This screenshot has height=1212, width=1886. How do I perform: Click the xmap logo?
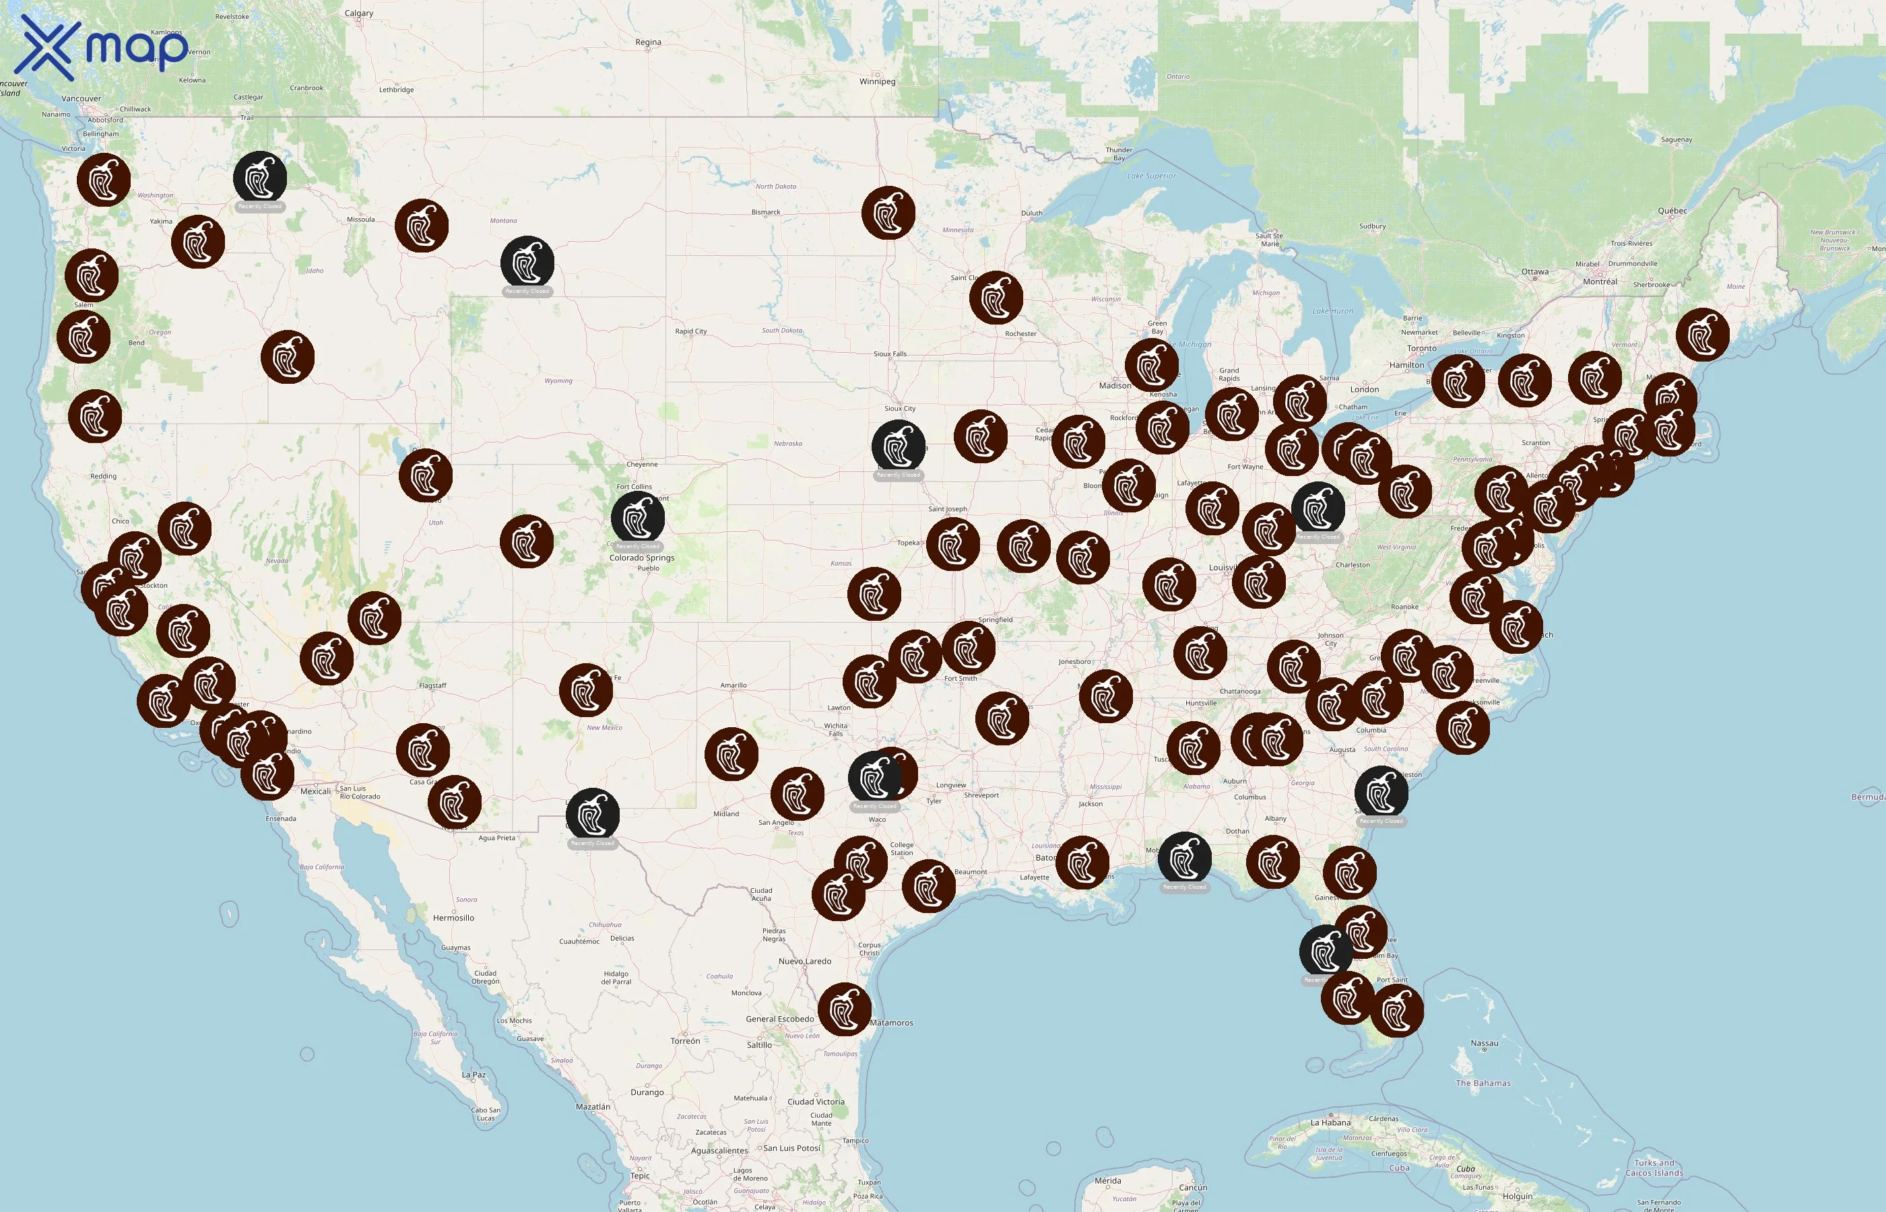tap(102, 47)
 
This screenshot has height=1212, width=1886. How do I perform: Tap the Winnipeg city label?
tap(877, 81)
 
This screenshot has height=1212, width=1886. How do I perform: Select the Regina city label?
tap(648, 42)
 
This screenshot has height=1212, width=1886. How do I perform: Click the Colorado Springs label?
tap(641, 558)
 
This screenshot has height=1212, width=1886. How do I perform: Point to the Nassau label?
tap(1484, 1044)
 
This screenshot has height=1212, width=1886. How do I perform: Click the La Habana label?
tap(1330, 1122)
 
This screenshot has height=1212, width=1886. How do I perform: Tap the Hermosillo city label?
tap(453, 918)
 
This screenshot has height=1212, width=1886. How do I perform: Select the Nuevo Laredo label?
tap(804, 961)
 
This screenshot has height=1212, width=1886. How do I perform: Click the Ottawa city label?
tap(1534, 271)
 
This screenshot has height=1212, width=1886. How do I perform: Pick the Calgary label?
tap(359, 13)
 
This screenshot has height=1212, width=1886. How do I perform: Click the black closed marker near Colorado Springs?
tap(638, 518)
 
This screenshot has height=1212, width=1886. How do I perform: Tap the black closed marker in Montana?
tap(527, 262)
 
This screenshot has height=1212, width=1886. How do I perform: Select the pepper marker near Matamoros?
tap(845, 1009)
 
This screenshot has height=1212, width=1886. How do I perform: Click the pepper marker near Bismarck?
tap(888, 213)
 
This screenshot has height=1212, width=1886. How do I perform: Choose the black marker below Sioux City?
tap(898, 446)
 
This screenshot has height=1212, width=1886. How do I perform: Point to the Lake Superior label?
tap(1151, 176)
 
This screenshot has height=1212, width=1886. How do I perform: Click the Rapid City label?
tap(690, 331)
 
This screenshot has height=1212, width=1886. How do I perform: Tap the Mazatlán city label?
tap(592, 1106)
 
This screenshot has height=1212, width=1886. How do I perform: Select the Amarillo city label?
tap(733, 685)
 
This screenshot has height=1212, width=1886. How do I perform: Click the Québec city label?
tap(1672, 211)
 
